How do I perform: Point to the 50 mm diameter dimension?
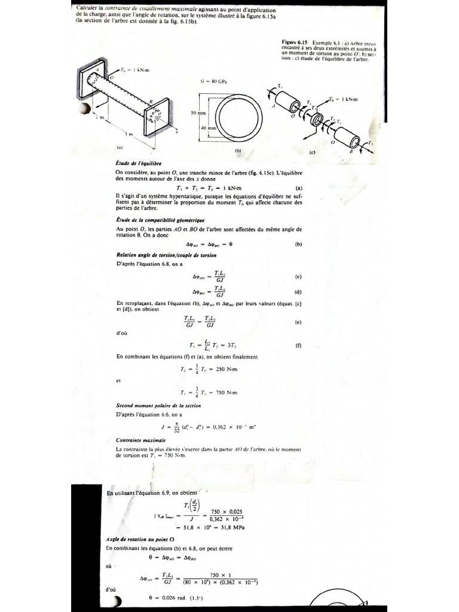198,112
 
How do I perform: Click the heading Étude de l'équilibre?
137,163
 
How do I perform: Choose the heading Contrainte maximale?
136,440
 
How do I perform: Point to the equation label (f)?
298,345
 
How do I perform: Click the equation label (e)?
298,322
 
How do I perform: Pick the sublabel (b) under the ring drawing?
237,151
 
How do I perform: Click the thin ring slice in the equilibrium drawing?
315,119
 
